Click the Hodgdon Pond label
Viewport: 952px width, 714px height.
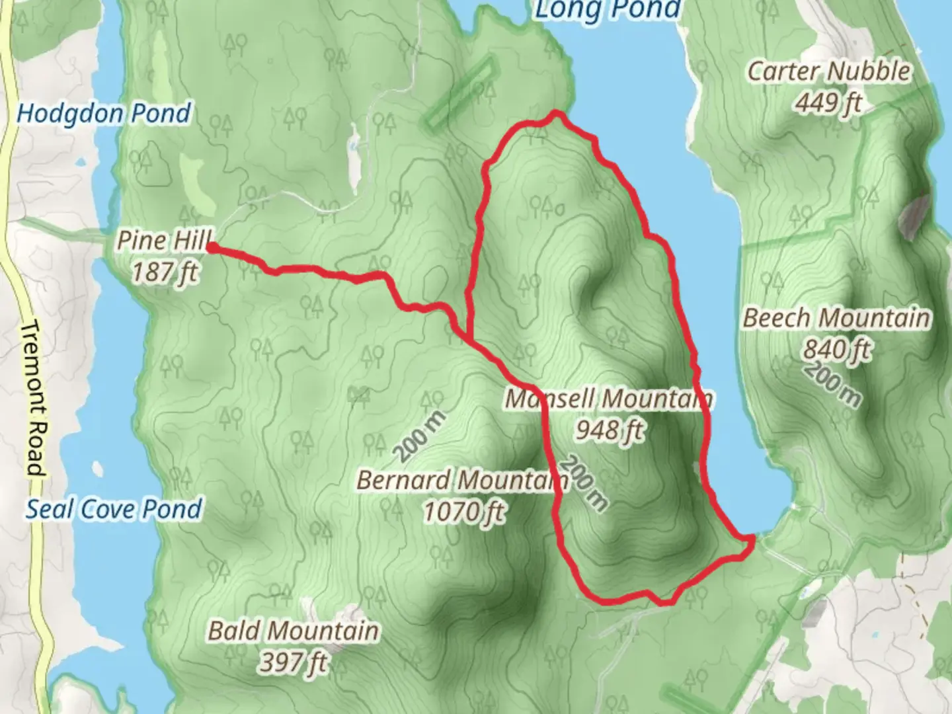104,114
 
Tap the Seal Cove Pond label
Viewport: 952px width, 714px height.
114,509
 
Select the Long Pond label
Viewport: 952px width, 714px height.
607,10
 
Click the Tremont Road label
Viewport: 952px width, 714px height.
34,399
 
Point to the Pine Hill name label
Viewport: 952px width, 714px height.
164,240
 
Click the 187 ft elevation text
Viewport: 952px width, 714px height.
165,272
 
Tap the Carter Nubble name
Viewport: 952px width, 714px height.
828,71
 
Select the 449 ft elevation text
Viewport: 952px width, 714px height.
828,102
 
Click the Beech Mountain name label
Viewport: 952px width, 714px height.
836,318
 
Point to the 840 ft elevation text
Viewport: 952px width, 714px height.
836,349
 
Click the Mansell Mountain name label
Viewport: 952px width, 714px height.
608,399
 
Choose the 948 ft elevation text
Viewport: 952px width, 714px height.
609,430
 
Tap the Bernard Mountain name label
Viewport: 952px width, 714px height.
462,480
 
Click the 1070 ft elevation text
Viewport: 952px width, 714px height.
464,511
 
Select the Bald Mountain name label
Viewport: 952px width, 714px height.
294,631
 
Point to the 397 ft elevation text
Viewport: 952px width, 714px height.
293,662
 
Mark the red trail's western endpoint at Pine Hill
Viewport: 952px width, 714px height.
211,248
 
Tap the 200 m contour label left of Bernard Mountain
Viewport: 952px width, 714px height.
420,436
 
